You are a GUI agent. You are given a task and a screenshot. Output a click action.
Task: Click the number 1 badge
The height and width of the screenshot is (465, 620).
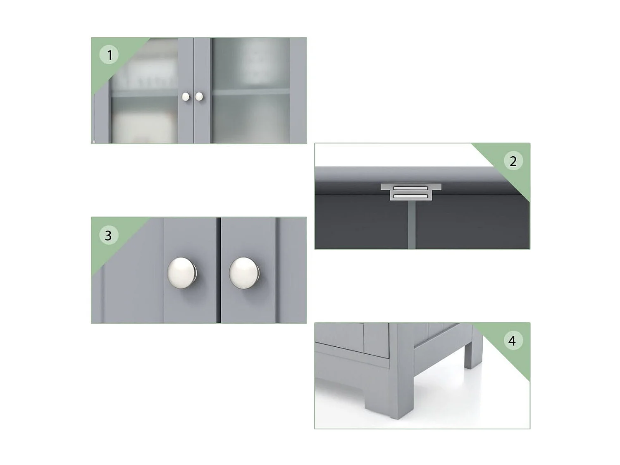pos(109,55)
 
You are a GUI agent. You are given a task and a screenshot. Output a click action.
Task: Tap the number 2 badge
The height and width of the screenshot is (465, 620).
pos(513,161)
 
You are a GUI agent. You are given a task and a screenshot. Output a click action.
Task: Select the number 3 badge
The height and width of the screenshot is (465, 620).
pos(108,236)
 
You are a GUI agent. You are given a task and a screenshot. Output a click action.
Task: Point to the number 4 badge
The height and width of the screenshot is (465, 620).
pos(512,341)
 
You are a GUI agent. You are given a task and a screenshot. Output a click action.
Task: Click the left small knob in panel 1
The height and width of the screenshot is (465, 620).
pos(186,97)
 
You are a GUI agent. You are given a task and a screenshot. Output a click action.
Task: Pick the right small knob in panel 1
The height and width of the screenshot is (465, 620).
pos(199,97)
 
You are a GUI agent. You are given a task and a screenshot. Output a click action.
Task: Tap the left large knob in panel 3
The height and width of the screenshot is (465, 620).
pos(182,273)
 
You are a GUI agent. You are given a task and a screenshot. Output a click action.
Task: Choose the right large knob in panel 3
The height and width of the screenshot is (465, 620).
pos(244,273)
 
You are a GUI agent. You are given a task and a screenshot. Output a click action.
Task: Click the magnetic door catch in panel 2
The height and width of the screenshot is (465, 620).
pos(411,192)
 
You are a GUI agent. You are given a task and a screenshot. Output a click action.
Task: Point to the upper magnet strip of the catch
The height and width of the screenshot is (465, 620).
pos(411,188)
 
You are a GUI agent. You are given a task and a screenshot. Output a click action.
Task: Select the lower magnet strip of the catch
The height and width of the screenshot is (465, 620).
pos(411,196)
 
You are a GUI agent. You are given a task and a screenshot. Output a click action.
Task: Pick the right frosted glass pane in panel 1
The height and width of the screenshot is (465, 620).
pos(250,91)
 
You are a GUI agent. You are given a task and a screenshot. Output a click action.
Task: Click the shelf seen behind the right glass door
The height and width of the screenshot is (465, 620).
pos(250,92)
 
